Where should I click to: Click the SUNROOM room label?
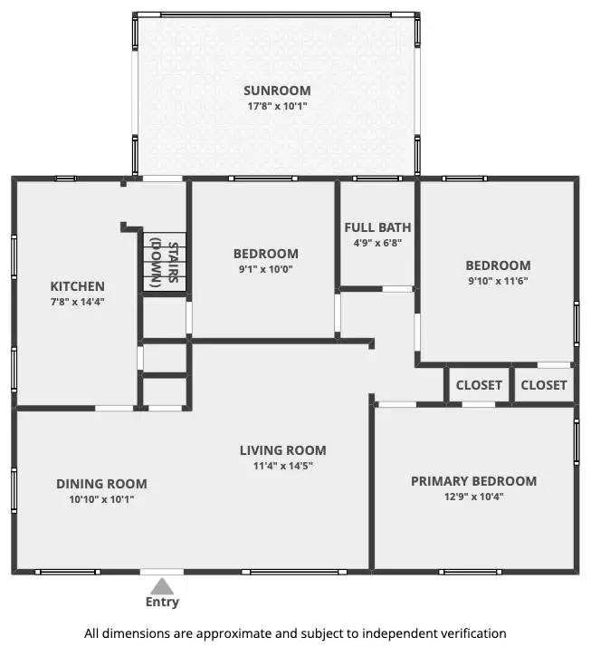pyautogui.click(x=277, y=91)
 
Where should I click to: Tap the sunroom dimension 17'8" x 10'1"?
pyautogui.click(x=277, y=106)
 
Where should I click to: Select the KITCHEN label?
pyautogui.click(x=77, y=286)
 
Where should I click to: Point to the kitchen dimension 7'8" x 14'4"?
pyautogui.click(x=77, y=302)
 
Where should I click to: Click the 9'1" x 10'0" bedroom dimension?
pyautogui.click(x=265, y=269)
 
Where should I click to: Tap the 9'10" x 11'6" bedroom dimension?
pyautogui.click(x=498, y=281)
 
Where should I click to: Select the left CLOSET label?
pyautogui.click(x=479, y=385)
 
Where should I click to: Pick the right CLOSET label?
pyautogui.click(x=544, y=385)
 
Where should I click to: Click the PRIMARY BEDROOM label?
pyautogui.click(x=473, y=481)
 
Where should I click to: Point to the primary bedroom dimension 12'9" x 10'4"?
pyautogui.click(x=473, y=497)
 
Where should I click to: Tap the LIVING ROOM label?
pyautogui.click(x=282, y=450)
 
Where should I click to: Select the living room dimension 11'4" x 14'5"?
pyautogui.click(x=282, y=466)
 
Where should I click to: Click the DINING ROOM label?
pyautogui.click(x=101, y=484)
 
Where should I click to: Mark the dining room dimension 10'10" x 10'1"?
pyautogui.click(x=101, y=499)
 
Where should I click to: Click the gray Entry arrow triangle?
pyautogui.click(x=162, y=585)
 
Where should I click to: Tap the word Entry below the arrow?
pyautogui.click(x=162, y=602)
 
